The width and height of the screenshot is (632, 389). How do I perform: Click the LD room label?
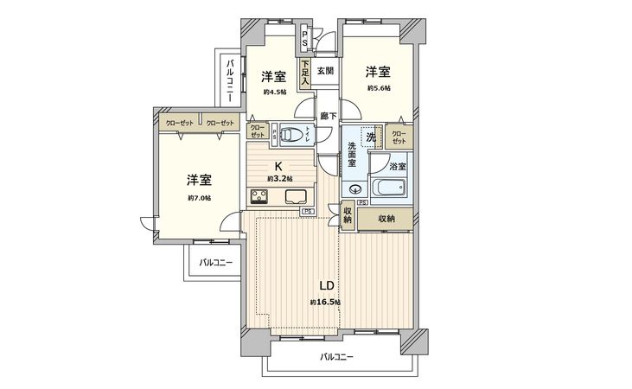(327, 286)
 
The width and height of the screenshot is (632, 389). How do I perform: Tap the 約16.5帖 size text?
(326, 303)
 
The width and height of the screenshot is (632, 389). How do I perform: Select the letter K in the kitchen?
(278, 166)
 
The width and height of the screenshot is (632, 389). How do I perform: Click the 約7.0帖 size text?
(199, 198)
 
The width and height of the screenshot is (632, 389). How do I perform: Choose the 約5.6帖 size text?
(377, 88)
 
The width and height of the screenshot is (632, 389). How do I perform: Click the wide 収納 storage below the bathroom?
(386, 220)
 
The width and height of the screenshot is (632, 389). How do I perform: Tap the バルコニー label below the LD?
(336, 357)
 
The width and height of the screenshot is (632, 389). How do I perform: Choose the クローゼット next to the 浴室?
(399, 136)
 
